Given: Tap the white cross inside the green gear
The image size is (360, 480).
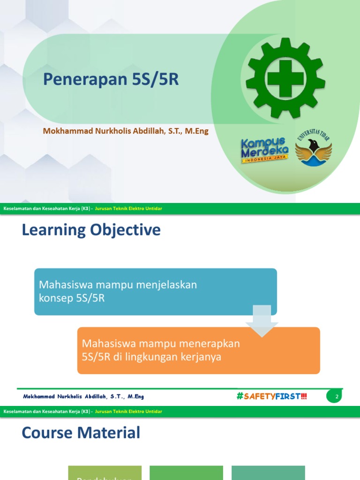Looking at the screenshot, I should pyautogui.click(x=285, y=78).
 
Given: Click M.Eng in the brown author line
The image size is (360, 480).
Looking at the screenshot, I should pyautogui.click(x=197, y=131).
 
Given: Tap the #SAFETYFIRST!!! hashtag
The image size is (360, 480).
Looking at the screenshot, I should pyautogui.click(x=272, y=397).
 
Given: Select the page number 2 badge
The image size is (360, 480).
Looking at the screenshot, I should pyautogui.click(x=337, y=397).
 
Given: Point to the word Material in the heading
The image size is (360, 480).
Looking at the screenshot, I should pyautogui.click(x=111, y=433).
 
